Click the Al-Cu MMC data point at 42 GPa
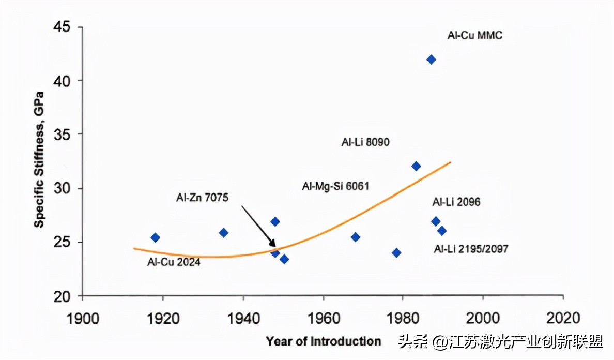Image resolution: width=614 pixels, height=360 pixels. (x=431, y=59)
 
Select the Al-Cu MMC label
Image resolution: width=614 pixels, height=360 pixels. (x=474, y=36)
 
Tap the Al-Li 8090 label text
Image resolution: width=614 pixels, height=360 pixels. (x=365, y=142)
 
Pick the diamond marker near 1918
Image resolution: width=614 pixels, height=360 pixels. (x=155, y=237)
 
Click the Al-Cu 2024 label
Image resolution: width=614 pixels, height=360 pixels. (x=174, y=262)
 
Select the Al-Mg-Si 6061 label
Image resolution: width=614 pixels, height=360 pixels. (x=335, y=186)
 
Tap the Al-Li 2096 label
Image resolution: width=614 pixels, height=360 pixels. (x=456, y=202)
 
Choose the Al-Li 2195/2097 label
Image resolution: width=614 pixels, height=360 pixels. (x=471, y=249)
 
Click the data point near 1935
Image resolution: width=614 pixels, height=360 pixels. (x=223, y=233)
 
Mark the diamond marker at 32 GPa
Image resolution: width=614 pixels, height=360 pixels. (x=416, y=166)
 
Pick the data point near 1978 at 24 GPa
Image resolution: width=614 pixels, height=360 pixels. (x=396, y=253)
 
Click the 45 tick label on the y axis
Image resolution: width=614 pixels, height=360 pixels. (x=63, y=27)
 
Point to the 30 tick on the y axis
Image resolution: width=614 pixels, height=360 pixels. (x=63, y=188)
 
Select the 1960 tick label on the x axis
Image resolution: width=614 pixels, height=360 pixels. (x=323, y=317)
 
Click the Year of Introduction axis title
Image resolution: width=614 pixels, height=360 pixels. (x=324, y=341)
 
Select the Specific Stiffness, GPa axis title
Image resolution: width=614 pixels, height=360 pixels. (x=39, y=159)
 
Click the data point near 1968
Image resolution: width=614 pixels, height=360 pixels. (x=355, y=237)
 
